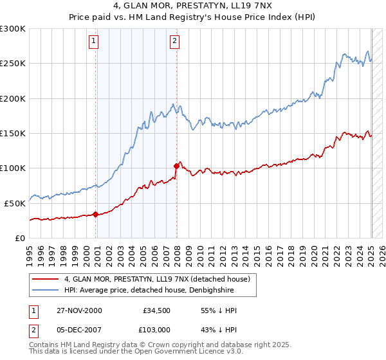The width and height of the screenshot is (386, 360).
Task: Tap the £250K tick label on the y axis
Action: (13, 64)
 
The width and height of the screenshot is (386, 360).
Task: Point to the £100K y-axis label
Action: (13, 168)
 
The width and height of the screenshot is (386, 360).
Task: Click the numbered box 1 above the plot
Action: (94, 41)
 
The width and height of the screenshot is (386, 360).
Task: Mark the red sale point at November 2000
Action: (96, 214)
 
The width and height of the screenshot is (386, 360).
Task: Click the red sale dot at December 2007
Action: (177, 166)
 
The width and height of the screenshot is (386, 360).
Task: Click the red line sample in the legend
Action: (46, 279)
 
